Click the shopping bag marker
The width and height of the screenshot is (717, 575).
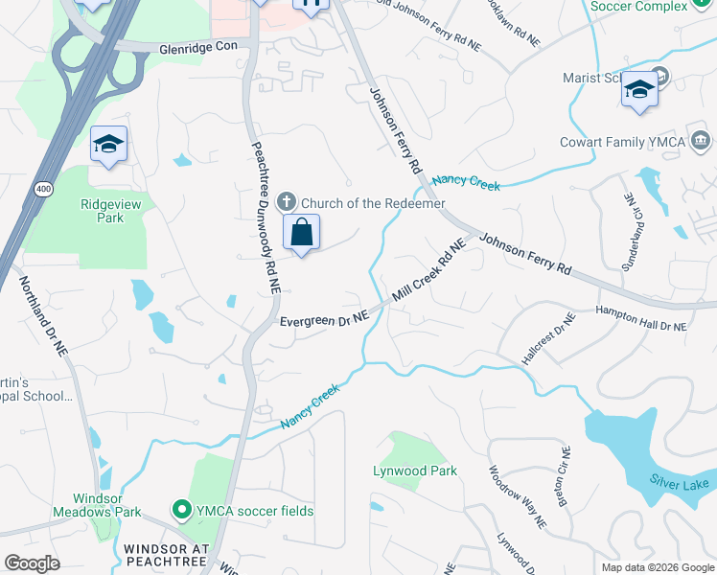[x=301, y=232]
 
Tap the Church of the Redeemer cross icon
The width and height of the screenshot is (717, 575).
[x=286, y=202]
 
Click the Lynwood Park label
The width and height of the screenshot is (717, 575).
[x=414, y=471]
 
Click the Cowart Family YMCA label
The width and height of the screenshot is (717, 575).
[x=623, y=143]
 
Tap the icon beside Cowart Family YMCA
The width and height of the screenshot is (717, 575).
[x=701, y=143]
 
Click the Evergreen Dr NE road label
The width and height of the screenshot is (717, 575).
[x=324, y=319]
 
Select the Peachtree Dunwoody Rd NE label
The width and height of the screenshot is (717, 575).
[x=266, y=218]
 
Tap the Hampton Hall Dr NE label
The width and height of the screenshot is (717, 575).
[x=640, y=318]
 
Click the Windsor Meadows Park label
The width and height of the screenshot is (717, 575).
[x=106, y=505]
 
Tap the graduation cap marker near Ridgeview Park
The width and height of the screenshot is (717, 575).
[x=108, y=145]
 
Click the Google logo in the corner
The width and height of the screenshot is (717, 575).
[x=33, y=563]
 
